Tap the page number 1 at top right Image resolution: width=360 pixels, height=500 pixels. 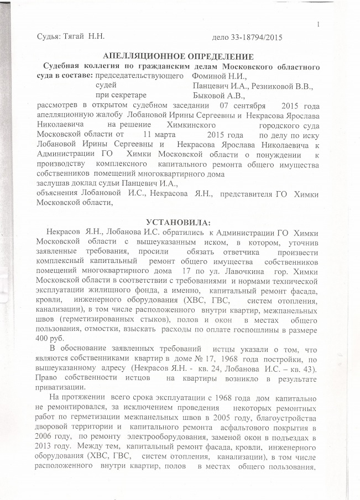pyautogui.click(x=320, y=23)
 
